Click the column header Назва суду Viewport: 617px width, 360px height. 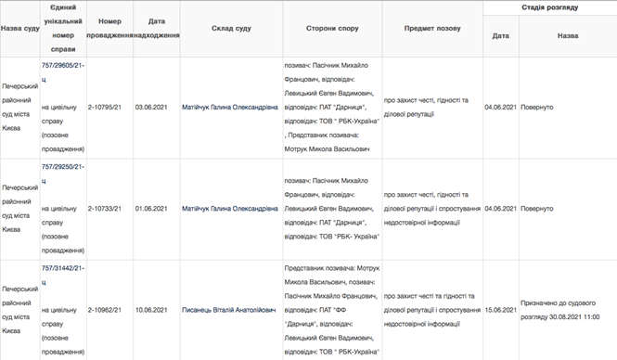click(19, 28)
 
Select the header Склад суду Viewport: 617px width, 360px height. click(229, 28)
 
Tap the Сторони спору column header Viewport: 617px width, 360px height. click(333, 28)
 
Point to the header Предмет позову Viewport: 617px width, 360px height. click(432, 28)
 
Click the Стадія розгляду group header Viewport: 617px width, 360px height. click(549, 7)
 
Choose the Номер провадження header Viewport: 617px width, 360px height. click(110, 28)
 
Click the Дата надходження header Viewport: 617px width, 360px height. click(156, 28)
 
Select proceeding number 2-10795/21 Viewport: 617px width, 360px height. click(110, 107)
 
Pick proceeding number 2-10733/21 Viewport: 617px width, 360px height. click(110, 209)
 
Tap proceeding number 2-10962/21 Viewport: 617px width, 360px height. click(110, 309)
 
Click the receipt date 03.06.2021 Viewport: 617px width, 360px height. click(152, 107)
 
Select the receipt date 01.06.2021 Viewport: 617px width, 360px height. click(152, 209)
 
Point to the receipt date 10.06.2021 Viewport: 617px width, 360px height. click(152, 309)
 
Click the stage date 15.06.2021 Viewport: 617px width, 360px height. click(501, 309)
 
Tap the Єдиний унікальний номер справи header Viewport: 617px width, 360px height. click(63, 28)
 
